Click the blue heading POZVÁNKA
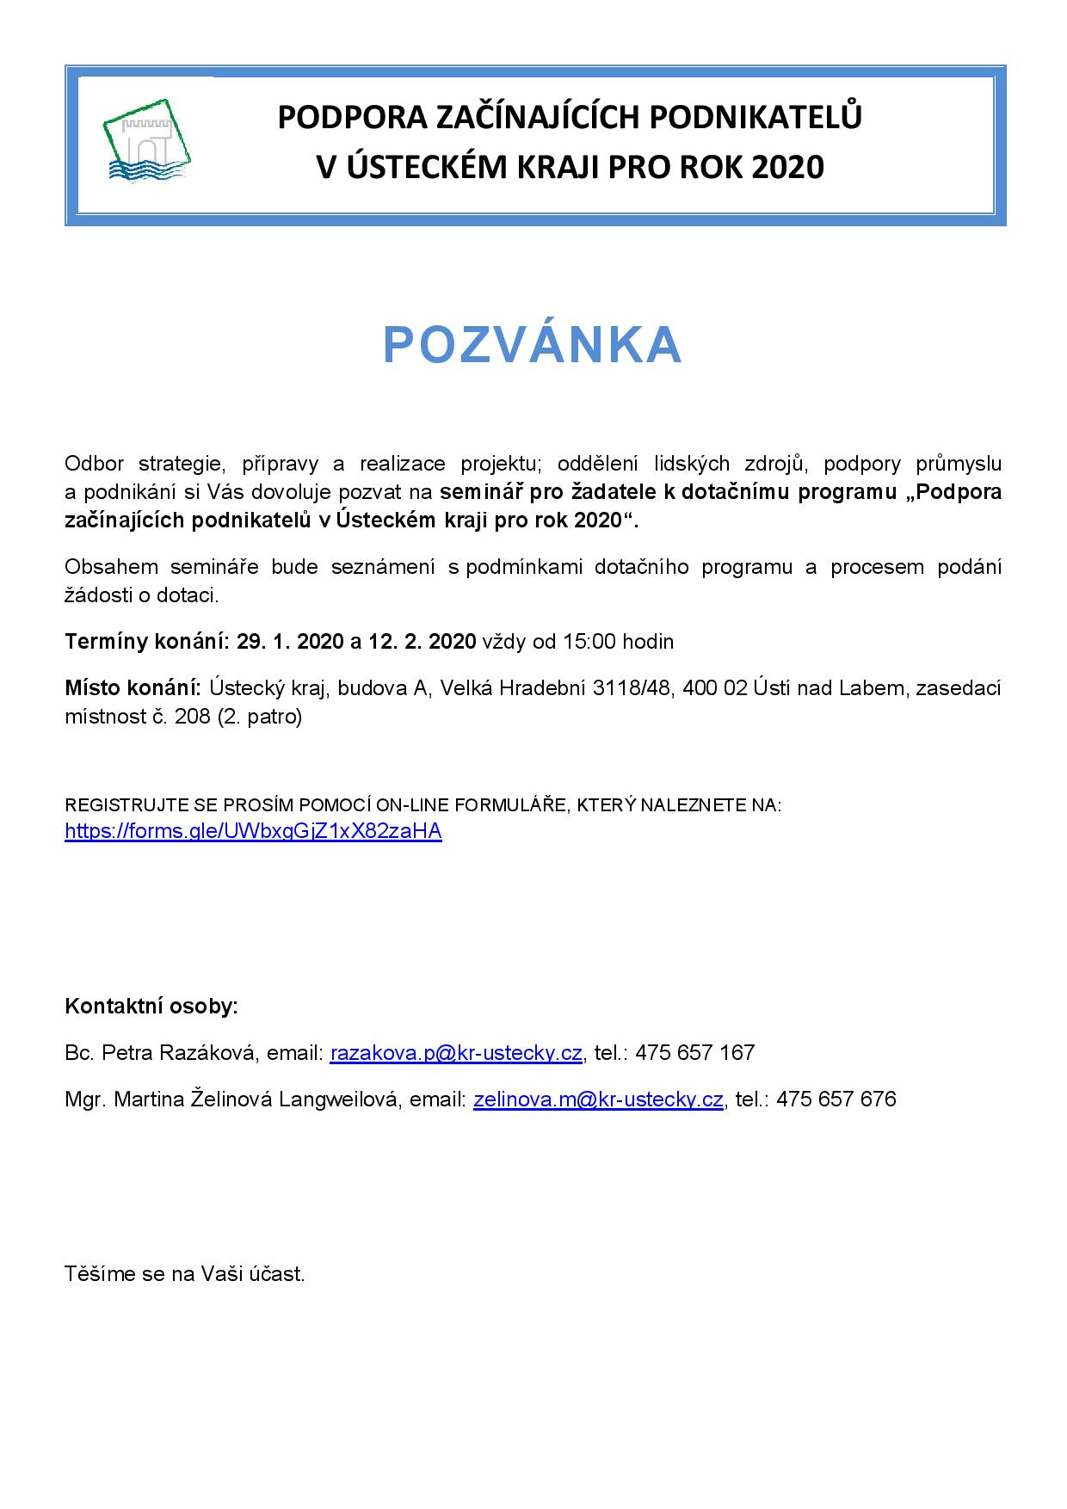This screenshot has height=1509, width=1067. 533,345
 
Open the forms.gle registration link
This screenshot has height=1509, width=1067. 253,831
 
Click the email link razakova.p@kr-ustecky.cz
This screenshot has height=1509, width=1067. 456,1052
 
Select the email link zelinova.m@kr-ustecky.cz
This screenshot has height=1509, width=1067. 598,1099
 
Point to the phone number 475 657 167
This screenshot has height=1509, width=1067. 694,1052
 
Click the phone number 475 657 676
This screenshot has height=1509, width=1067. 836,1099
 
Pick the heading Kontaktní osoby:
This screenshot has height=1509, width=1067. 151,1006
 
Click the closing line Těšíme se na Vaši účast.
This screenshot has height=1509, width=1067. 185,1274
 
